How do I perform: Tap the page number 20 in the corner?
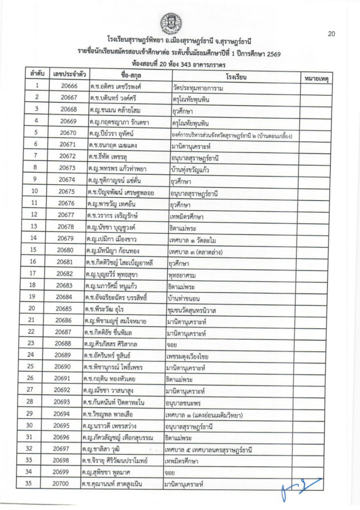332,34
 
